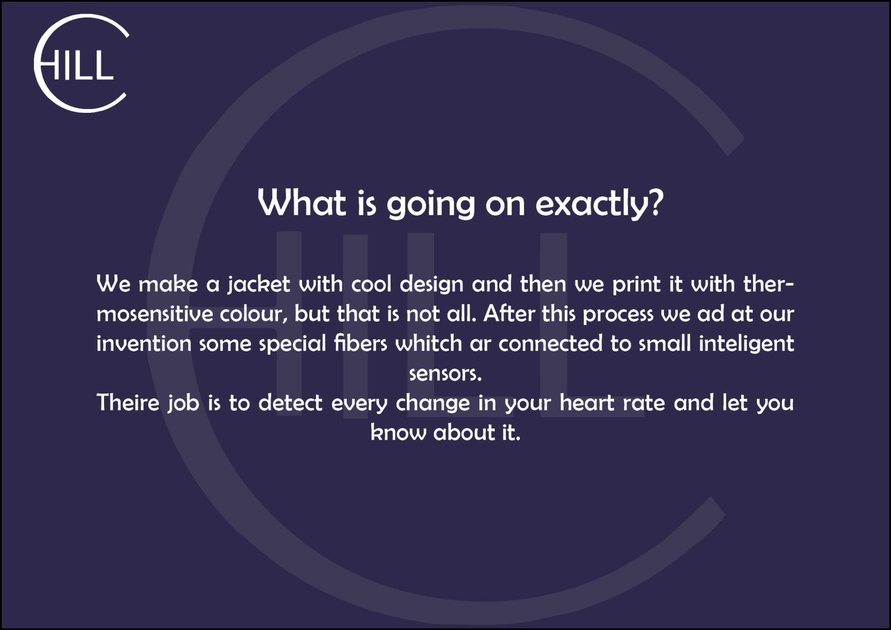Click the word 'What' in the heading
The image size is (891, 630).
(x=302, y=202)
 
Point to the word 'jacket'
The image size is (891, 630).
(x=258, y=284)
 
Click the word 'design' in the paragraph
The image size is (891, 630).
(x=432, y=284)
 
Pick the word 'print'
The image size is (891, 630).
(x=636, y=284)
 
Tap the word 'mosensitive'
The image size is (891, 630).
(x=155, y=314)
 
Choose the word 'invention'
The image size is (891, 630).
(x=144, y=344)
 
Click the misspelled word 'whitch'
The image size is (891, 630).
(x=429, y=343)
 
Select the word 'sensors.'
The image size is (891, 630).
(x=445, y=374)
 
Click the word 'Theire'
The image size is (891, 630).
(x=128, y=403)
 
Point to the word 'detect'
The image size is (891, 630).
(x=291, y=403)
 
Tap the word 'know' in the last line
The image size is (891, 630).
(x=398, y=432)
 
